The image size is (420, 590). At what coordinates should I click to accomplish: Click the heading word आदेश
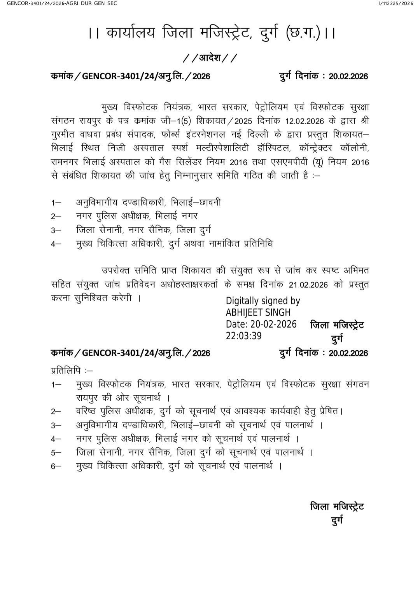(x=210, y=58)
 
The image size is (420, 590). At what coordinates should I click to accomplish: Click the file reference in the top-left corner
(x=58, y=3)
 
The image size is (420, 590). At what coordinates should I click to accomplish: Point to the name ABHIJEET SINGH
(x=258, y=312)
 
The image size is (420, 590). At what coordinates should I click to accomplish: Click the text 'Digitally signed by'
(x=263, y=301)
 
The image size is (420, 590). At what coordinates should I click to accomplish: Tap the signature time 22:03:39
(x=244, y=336)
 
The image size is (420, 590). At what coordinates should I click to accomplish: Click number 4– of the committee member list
(x=56, y=244)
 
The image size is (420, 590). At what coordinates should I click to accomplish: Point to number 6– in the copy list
(x=56, y=466)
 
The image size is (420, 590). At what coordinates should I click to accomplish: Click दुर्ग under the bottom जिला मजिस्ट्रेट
(x=337, y=520)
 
